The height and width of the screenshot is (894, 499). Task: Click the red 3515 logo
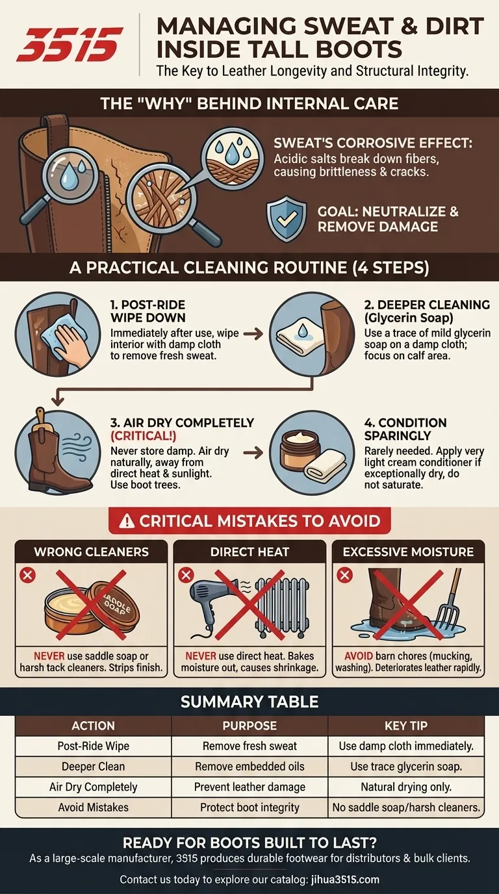tap(70, 44)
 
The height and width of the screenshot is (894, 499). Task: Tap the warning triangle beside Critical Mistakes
tap(127, 521)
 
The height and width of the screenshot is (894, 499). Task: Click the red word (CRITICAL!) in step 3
tap(143, 435)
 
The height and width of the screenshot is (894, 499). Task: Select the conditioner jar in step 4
tap(300, 450)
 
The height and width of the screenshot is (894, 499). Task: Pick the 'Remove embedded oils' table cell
tap(249, 766)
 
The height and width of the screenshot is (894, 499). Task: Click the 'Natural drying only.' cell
tap(406, 787)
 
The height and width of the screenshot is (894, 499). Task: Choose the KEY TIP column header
tap(406, 725)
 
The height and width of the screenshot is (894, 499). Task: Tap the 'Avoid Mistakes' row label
tap(94, 807)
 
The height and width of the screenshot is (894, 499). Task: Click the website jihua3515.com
tap(345, 879)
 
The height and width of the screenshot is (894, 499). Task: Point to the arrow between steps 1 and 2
tap(253, 334)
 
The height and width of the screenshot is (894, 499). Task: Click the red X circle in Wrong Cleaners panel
tap(27, 575)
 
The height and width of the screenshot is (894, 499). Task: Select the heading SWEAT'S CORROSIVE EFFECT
tap(373, 143)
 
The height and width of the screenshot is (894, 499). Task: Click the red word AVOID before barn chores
tap(359, 656)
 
